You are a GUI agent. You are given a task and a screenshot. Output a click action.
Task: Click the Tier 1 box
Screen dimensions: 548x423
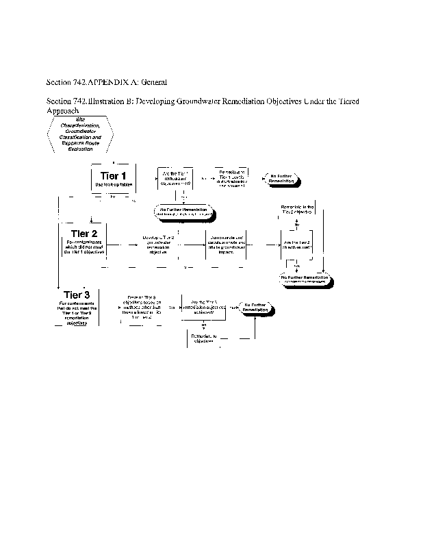[x=114, y=179]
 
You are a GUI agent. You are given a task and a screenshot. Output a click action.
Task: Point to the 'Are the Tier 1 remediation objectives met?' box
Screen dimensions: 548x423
[x=175, y=179]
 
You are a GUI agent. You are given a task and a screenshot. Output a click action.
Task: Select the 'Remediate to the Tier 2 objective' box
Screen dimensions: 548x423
[x=297, y=209]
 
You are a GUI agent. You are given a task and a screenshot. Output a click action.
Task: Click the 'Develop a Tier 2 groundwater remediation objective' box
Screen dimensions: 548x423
[x=157, y=244]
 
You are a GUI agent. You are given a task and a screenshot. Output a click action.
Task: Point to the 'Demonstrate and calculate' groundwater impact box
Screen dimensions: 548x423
[x=226, y=244]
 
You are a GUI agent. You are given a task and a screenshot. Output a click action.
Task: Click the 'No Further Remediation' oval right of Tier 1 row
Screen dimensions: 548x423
[x=281, y=179]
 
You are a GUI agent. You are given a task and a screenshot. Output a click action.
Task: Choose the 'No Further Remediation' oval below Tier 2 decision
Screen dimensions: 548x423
[x=305, y=277]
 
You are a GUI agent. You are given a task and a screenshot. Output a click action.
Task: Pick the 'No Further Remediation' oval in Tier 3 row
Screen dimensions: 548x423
[x=257, y=307]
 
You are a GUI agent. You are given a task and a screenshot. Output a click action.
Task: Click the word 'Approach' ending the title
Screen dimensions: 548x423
[x=62, y=110]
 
